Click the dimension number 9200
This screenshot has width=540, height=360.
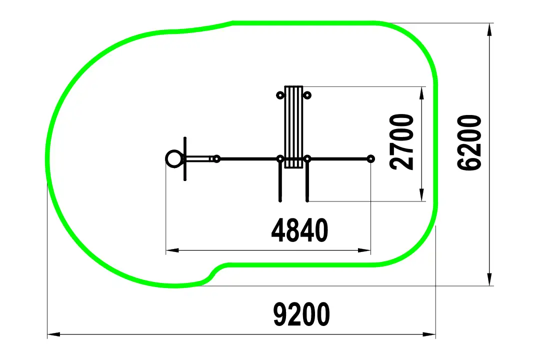[301, 314]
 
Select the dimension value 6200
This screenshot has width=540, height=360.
[469, 142]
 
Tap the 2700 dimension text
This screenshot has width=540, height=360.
[401, 141]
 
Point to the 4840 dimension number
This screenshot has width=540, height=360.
[299, 230]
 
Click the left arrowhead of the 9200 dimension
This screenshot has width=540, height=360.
[53, 334]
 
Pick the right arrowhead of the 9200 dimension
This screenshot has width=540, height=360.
[429, 334]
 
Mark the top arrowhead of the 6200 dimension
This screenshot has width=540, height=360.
[489, 29]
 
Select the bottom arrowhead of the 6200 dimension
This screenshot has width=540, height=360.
[489, 279]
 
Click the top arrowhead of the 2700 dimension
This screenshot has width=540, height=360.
[421, 93]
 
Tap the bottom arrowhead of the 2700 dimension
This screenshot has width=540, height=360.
[421, 194]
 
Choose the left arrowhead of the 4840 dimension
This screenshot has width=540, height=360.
[172, 250]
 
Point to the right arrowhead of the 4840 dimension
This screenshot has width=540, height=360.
[364, 250]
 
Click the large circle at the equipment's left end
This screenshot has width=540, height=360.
[174, 159]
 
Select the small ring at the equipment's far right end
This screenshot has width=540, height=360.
[370, 159]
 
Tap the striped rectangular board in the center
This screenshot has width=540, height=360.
[294, 127]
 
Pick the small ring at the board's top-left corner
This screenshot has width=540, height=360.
[280, 95]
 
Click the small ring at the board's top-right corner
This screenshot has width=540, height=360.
[307, 95]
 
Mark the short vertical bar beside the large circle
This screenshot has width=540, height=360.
[185, 159]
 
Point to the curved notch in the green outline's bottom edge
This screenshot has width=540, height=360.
[213, 272]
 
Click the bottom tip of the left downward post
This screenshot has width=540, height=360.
[280, 200]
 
